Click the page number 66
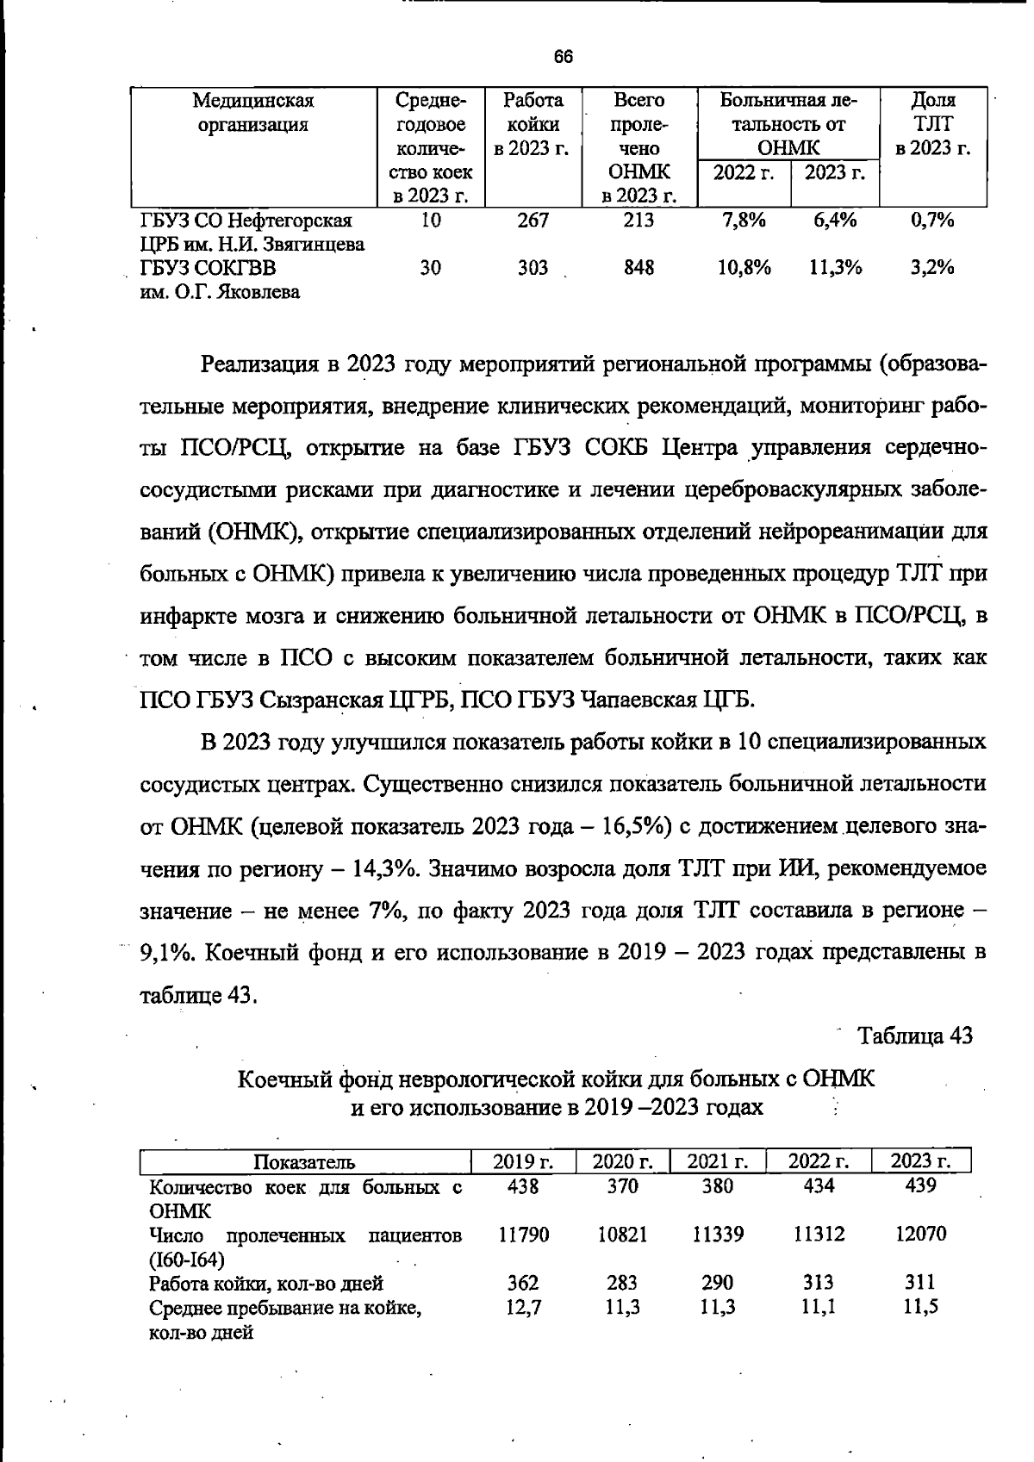(563, 57)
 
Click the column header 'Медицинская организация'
(253, 112)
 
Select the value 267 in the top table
(533, 220)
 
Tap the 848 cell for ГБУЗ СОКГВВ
(638, 268)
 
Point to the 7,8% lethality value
(743, 220)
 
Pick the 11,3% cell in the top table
(835, 268)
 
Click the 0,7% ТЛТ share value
(932, 220)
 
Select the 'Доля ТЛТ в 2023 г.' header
(933, 123)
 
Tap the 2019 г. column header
(523, 1161)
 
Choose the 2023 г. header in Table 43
(920, 1161)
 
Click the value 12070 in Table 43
(920, 1234)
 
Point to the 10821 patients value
(622, 1234)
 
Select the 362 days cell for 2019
(523, 1283)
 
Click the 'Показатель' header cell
(304, 1162)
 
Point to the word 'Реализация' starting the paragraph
(258, 364)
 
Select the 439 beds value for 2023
(920, 1185)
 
